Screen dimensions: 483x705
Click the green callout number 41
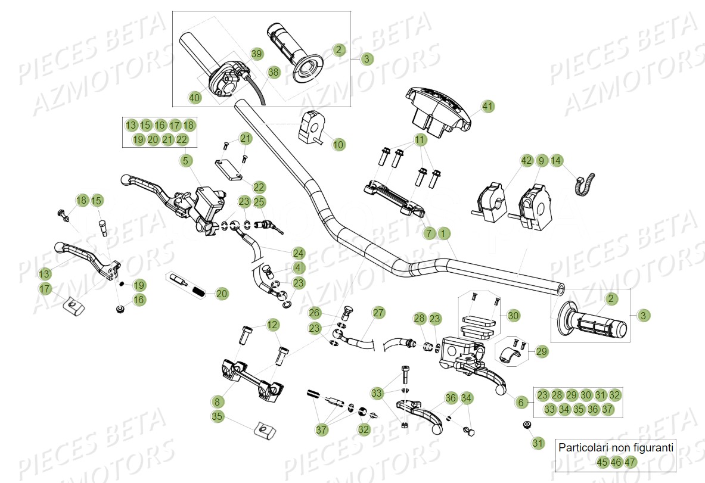coord(488,107)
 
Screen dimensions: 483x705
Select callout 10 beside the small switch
coord(338,144)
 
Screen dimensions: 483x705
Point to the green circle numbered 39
coord(256,54)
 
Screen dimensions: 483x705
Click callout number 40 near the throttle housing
coord(195,97)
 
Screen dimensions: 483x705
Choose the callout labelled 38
coord(273,72)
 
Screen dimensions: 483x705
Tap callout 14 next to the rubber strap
coord(555,160)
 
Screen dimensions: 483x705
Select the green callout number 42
coord(526,160)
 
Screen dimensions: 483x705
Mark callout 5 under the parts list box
coord(185,160)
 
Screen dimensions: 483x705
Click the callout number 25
coord(259,202)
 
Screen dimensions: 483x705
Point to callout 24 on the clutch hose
coord(298,253)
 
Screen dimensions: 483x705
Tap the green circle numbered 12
coord(272,325)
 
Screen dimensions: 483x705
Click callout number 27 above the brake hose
coord(379,313)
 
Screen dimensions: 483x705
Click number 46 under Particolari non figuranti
coord(616,462)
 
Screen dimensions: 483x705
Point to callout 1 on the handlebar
coord(443,233)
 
